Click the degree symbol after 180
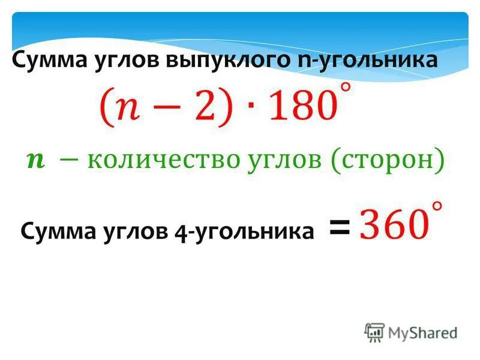346,88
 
